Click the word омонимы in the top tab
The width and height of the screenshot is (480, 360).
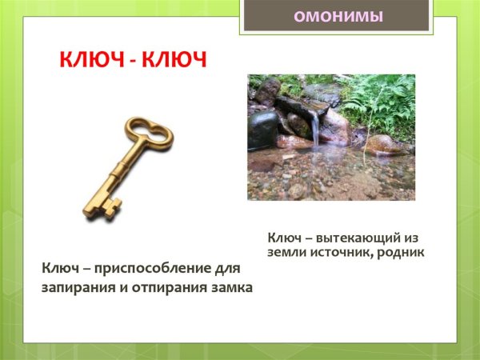pos(337,15)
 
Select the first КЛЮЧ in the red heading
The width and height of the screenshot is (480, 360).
pos(87,61)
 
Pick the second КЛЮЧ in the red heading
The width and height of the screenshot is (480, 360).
pos(172,61)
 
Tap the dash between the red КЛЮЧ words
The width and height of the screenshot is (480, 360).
pos(130,62)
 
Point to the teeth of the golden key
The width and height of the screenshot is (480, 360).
pos(102,209)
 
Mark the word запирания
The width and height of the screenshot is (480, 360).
pos(78,287)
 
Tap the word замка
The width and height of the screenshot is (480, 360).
pos(232,287)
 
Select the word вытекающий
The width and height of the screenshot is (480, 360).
pos(358,238)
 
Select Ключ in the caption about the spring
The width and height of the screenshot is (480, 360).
pos(285,238)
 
